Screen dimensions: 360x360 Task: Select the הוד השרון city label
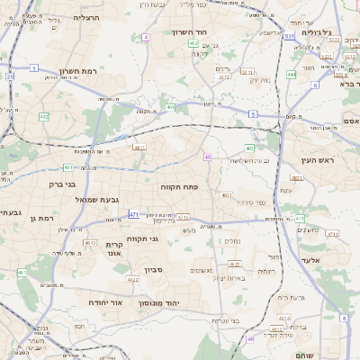190,32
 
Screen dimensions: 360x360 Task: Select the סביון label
153,269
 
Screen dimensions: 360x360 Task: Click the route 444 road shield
292,75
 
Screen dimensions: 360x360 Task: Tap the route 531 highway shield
289,37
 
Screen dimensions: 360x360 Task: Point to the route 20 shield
10,76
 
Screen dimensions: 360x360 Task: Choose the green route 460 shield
250,148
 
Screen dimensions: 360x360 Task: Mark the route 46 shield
249,339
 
